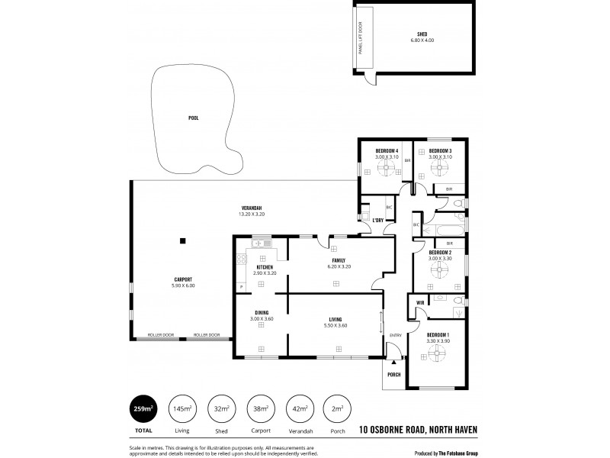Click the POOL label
[x=194, y=118]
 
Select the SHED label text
[x=422, y=34]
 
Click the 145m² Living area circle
[x=182, y=409]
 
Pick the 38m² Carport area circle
[x=260, y=409]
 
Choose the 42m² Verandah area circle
[x=299, y=409]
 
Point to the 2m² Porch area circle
[x=337, y=409]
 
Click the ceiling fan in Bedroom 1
[x=437, y=353]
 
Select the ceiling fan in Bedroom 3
[x=440, y=169]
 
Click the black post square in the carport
[x=182, y=241]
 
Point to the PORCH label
[x=394, y=374]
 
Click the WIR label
[x=420, y=303]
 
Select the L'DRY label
[x=377, y=220]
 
